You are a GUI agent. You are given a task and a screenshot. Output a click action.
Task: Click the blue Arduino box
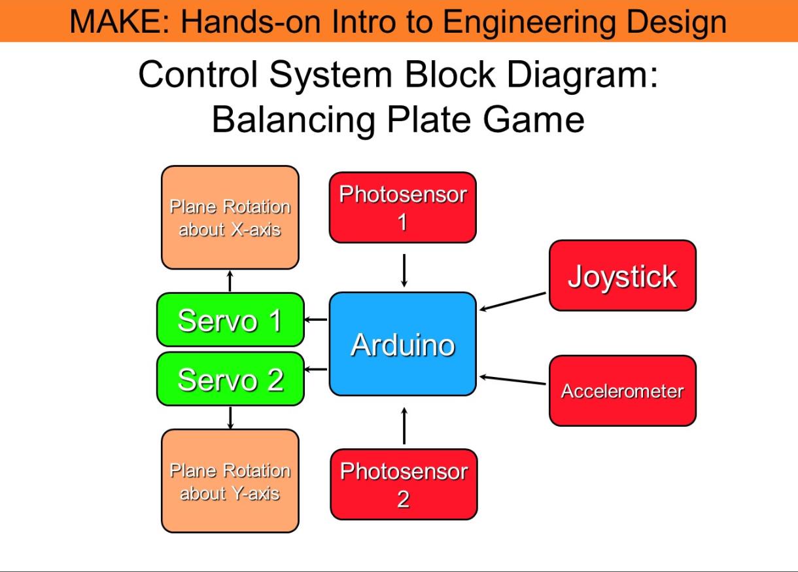(402, 344)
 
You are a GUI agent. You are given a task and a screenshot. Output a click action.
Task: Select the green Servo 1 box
(230, 319)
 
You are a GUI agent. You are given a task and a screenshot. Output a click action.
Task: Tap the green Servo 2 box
(230, 379)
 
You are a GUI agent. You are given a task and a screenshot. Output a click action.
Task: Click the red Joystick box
(622, 276)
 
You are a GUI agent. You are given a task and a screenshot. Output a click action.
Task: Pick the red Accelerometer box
(622, 391)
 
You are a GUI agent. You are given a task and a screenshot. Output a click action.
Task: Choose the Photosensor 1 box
(402, 207)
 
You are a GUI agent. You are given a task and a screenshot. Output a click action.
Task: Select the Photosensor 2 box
(404, 484)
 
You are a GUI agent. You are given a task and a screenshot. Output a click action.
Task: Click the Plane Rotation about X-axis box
(230, 217)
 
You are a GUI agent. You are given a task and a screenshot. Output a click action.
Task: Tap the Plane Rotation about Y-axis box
(230, 481)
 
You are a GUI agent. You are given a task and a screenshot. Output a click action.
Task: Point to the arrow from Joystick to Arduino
(513, 302)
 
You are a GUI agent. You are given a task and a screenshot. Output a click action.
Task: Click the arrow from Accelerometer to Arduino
(513, 380)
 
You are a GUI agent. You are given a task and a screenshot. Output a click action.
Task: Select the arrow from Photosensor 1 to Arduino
(404, 270)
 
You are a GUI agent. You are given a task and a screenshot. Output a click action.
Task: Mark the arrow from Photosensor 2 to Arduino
(404, 425)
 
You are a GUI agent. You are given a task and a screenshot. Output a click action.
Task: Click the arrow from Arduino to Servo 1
(316, 319)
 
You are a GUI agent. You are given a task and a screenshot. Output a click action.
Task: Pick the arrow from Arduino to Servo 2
(316, 369)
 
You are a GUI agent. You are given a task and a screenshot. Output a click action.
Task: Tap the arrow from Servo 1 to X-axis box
(230, 281)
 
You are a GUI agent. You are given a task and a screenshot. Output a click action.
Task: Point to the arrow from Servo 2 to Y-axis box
(230, 418)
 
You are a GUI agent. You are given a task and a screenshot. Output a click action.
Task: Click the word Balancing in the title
(294, 120)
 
